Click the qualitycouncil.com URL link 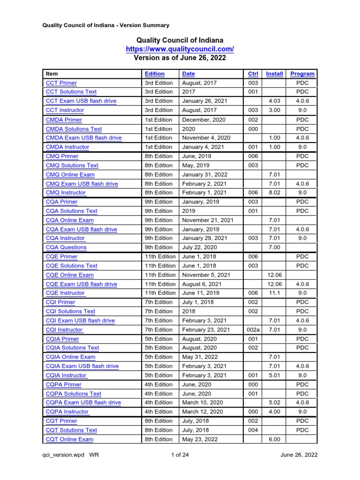pos(180,49)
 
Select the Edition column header pos(155,74)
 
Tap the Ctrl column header pos(253,74)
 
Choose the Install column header pos(274,74)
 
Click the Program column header pos(302,74)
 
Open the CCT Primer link pos(61,83)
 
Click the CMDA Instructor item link pos(67,147)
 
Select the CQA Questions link pos(66,247)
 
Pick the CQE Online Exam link pos(70,275)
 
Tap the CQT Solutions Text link pos(72,430)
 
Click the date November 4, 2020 pos(204,138)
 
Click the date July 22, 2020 pos(199,247)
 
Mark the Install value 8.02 pos(274,193)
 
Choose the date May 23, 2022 pos(199,439)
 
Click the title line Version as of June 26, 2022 pos(180,58)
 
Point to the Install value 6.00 pos(274,439)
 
